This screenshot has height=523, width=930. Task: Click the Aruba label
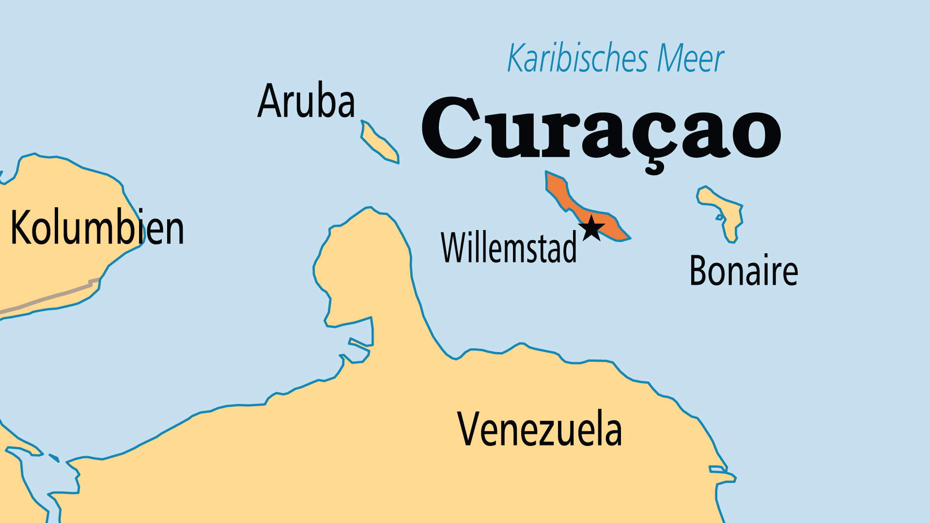[306, 101]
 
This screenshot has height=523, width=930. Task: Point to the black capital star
[591, 228]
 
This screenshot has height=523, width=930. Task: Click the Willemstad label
[509, 247]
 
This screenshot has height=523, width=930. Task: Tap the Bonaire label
[744, 271]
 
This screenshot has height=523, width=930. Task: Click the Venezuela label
[539, 429]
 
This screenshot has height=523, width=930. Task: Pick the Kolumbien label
[97, 228]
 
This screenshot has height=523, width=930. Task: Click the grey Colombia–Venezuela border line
[48, 298]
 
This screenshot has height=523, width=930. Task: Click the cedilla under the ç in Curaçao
[654, 167]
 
